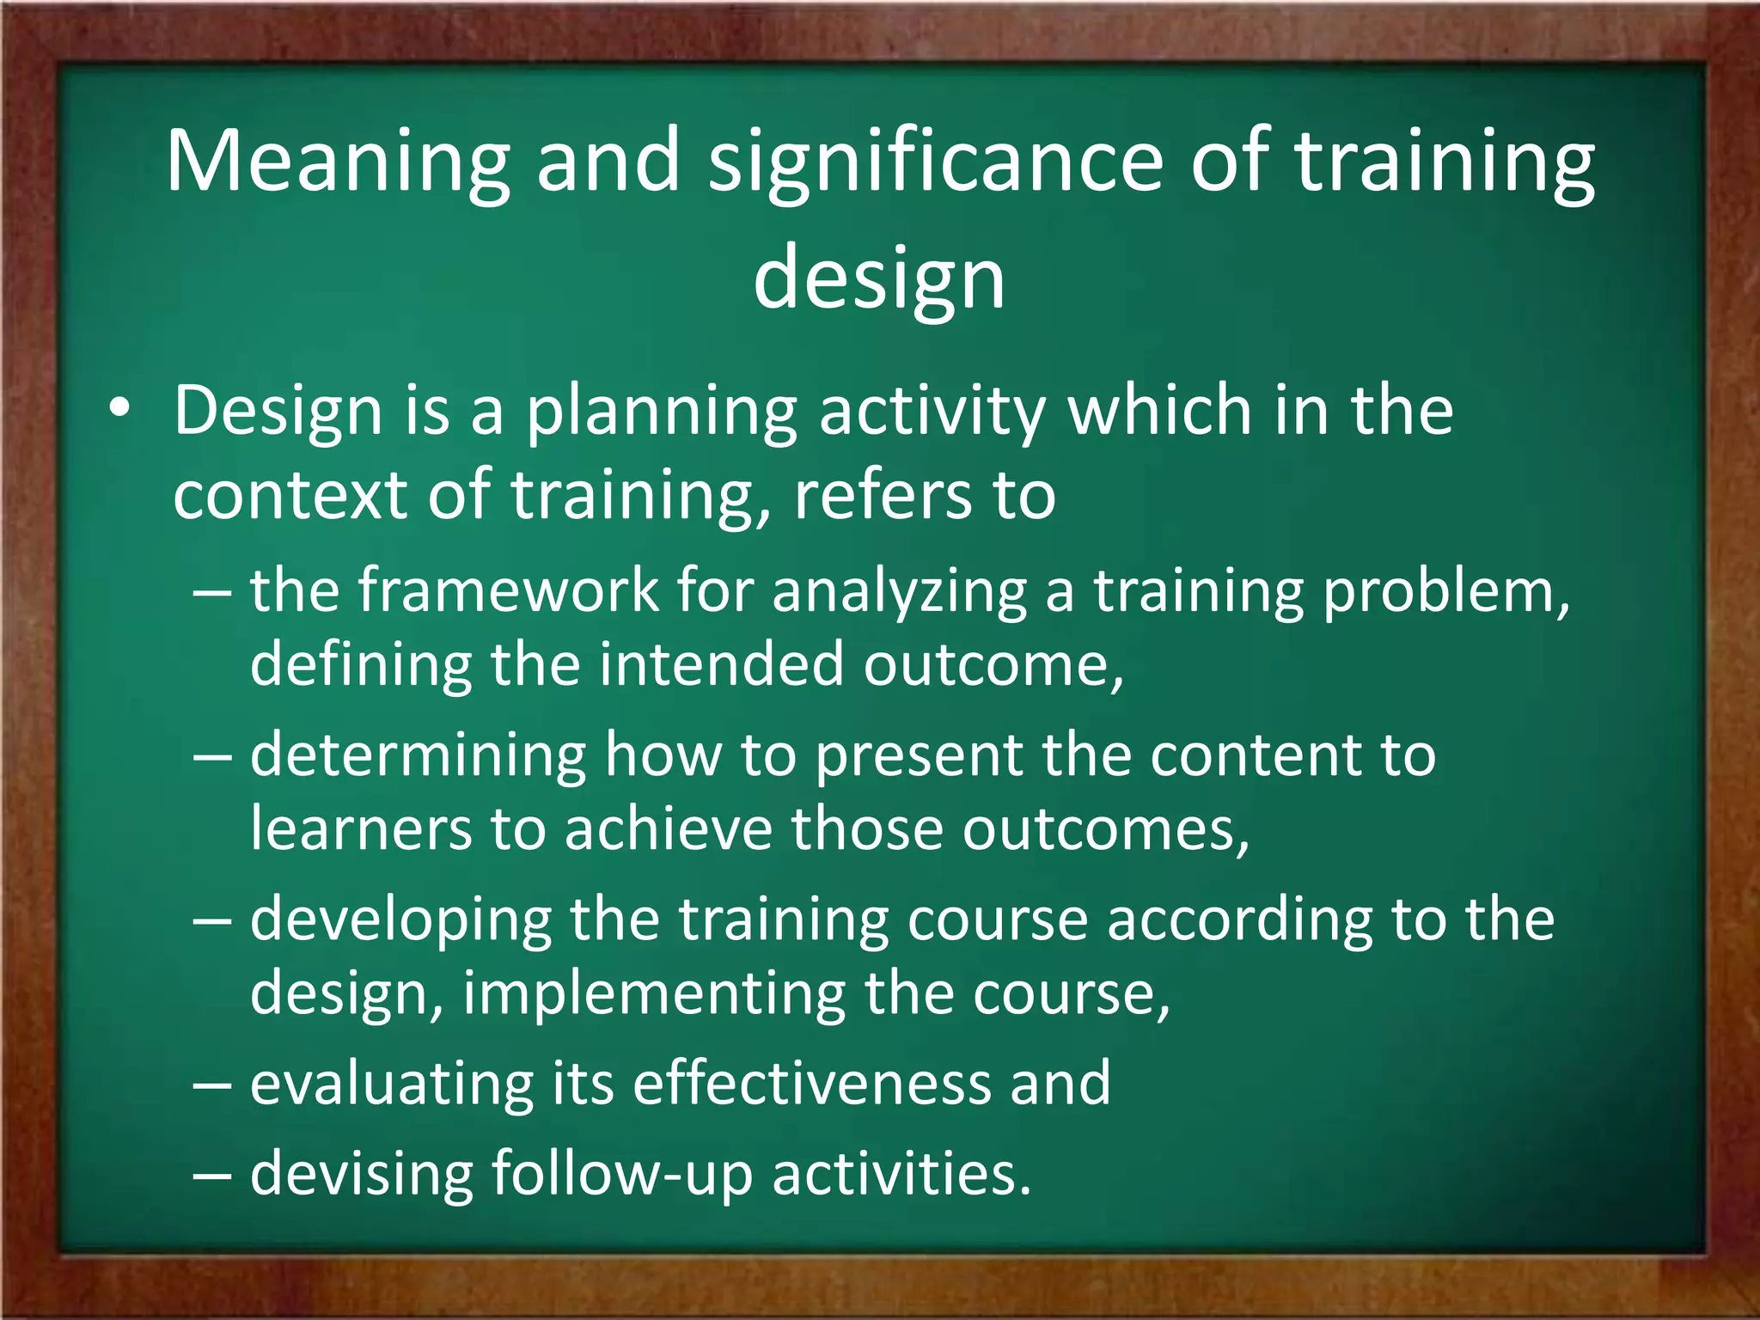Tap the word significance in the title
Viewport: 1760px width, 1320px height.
coord(935,162)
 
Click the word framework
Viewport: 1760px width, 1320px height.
coord(508,590)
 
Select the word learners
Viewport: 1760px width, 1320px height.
coord(361,828)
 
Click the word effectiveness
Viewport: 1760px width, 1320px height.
coord(811,1083)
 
